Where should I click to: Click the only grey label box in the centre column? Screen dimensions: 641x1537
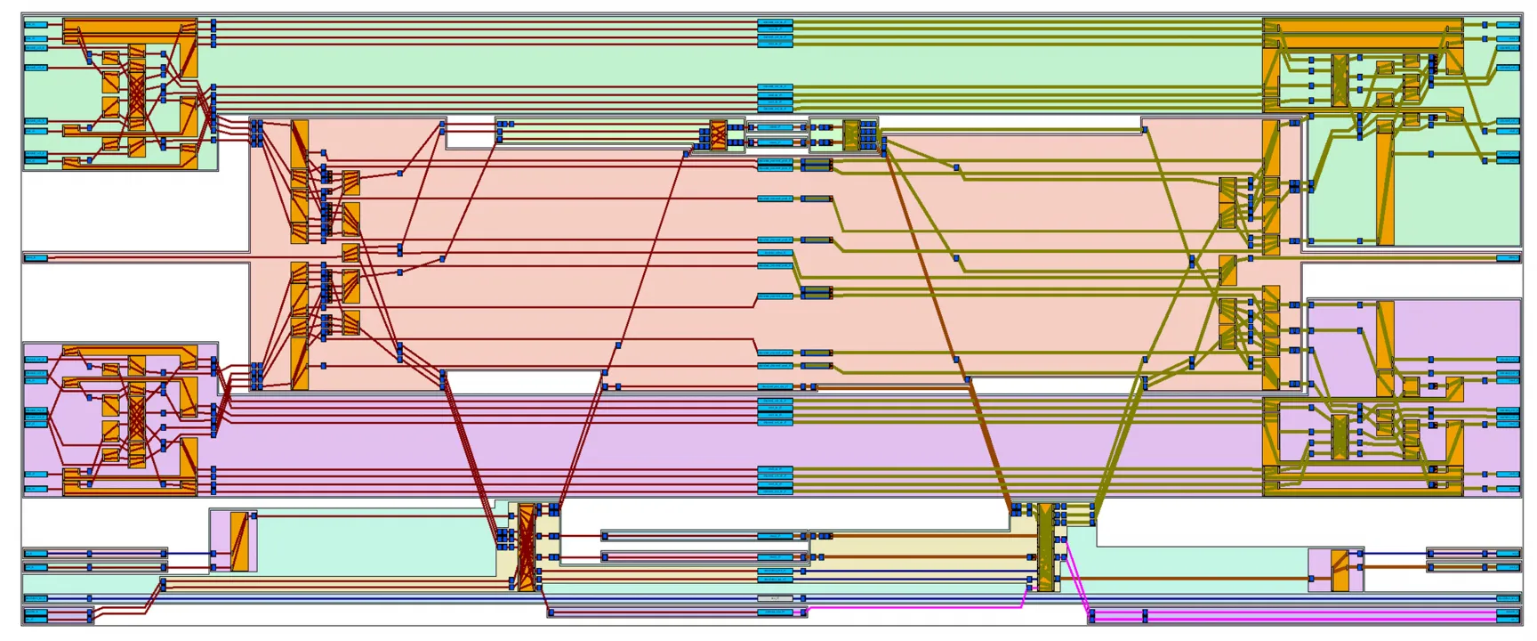click(x=775, y=598)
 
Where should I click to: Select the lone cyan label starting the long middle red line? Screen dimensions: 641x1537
click(x=36, y=258)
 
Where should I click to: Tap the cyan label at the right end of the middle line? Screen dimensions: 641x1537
click(x=1508, y=258)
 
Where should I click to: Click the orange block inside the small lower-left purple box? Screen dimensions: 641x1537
click(x=238, y=541)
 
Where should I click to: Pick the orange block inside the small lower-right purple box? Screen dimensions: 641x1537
click(x=1340, y=571)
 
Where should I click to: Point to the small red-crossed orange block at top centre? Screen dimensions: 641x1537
click(x=718, y=134)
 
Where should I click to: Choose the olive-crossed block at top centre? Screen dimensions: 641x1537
click(x=851, y=134)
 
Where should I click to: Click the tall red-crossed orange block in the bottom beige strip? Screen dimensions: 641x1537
click(x=527, y=548)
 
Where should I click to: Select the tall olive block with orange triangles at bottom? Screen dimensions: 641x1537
click(x=1046, y=548)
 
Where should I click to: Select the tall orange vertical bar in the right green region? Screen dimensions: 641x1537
click(x=1385, y=183)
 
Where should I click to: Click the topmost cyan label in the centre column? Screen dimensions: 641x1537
click(x=775, y=22)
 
